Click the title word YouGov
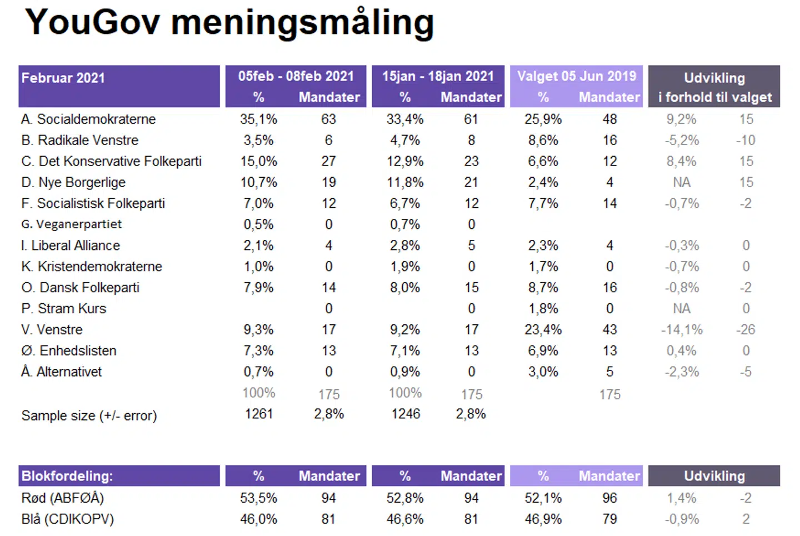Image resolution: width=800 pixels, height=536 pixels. (x=92, y=23)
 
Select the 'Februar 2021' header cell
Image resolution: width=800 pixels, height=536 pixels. (x=63, y=78)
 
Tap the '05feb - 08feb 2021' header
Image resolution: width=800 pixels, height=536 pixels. (x=296, y=76)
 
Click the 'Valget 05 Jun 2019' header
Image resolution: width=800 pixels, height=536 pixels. (x=576, y=76)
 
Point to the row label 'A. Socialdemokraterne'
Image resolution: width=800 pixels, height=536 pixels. (x=88, y=119)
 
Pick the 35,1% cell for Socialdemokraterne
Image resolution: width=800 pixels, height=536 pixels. (x=258, y=119)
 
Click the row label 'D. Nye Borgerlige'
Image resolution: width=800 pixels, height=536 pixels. (x=73, y=183)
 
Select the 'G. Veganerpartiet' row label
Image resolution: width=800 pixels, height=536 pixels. (x=72, y=224)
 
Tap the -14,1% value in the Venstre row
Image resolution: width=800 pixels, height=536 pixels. (x=682, y=330)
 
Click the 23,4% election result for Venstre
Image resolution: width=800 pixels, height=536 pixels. (x=543, y=330)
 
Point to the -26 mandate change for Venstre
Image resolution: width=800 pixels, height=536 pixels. (x=746, y=330)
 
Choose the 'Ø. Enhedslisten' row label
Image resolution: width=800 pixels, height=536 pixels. (x=69, y=351)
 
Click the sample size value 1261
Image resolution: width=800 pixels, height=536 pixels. (x=259, y=414)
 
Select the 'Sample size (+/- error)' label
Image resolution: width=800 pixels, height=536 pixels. (x=89, y=415)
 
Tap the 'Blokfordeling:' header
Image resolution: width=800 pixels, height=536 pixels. (x=67, y=476)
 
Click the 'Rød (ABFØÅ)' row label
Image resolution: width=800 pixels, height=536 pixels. (x=63, y=498)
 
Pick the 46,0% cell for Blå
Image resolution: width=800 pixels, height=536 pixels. (x=258, y=519)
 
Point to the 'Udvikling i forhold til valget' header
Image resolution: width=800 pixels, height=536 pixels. (x=714, y=87)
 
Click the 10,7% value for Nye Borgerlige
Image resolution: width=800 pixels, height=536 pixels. (x=258, y=183)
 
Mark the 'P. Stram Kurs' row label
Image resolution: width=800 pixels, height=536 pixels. (x=63, y=309)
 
